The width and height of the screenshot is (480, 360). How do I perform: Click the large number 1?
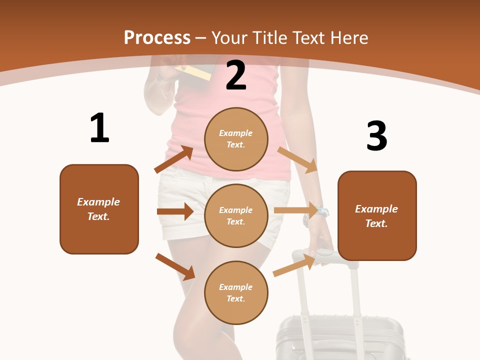point(99,128)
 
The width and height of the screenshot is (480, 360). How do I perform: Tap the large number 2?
point(236,75)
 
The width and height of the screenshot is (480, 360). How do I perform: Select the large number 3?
point(376,136)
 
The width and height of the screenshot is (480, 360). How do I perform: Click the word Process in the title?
point(157,37)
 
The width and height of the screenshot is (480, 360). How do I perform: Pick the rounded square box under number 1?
point(99,209)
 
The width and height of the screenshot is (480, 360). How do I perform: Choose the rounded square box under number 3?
point(377,215)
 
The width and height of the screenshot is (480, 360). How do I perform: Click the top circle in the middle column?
point(236,139)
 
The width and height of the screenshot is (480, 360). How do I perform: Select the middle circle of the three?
point(236,215)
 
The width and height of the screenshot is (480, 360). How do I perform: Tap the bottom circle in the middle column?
point(236,292)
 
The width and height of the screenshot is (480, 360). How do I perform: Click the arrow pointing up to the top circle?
point(173,159)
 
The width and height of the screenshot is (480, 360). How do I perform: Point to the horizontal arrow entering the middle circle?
point(175,211)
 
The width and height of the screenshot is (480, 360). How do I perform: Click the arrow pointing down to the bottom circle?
point(175,266)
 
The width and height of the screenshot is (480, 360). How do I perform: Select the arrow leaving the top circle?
point(297,159)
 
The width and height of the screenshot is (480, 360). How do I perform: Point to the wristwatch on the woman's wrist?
point(321,212)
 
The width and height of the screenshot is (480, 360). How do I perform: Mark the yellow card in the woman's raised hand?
point(196,72)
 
